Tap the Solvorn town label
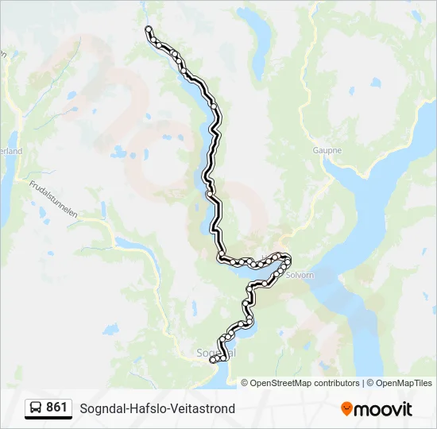coord(300,275)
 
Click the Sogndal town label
coord(211,351)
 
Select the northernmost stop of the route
coord(148,29)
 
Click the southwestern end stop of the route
coord(213,361)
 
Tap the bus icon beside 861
coord(36,408)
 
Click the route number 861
coord(56,408)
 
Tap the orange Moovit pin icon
coord(346,409)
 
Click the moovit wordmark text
coord(384,409)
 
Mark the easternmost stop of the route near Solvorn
coord(288,259)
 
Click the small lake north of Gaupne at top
coord(374,82)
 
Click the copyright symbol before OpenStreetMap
coord(245,383)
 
